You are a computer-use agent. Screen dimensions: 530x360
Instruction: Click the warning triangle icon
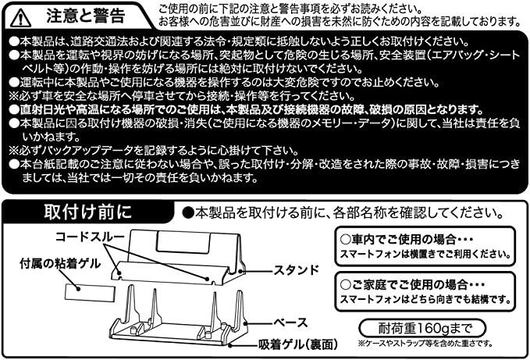coord(20,18)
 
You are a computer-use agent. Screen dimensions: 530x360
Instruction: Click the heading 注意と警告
coord(86,16)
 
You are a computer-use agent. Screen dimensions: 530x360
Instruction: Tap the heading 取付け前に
coord(87,212)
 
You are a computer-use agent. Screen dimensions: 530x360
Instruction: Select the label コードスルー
coord(90,237)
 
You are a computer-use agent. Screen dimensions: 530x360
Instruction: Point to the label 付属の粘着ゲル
coord(60,263)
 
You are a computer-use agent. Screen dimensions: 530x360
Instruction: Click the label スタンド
coord(296,269)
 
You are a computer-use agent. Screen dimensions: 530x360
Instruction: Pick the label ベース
coord(290,323)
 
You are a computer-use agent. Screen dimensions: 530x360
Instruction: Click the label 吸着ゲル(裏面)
coord(298,344)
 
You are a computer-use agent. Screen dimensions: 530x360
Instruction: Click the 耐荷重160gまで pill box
coord(422,328)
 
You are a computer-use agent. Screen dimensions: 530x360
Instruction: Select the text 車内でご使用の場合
coord(400,239)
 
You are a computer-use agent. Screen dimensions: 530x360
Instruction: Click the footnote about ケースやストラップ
coord(425,344)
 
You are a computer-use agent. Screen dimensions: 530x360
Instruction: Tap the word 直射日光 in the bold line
coord(41,109)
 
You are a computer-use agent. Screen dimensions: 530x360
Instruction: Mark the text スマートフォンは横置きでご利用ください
coord(425,255)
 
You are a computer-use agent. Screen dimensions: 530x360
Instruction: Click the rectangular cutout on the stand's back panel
coord(183,242)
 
